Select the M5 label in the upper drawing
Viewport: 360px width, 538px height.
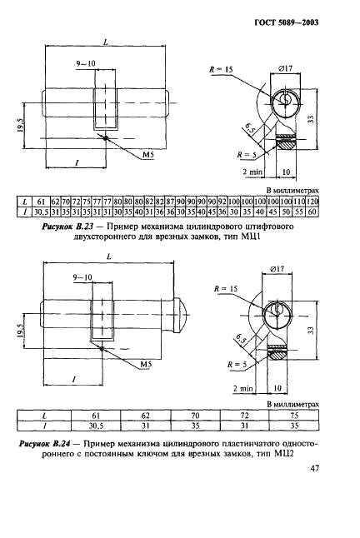[147, 155]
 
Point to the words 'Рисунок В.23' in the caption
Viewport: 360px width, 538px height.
[56, 225]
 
